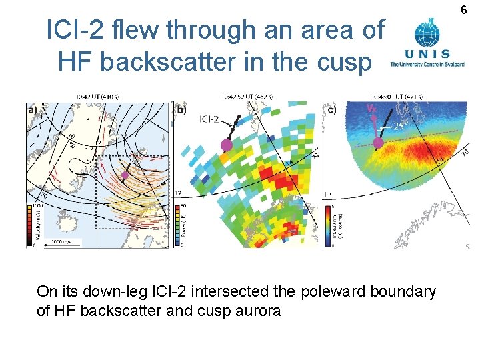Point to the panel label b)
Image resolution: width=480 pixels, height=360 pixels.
tap(181, 108)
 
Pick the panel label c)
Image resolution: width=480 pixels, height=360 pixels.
tap(331, 108)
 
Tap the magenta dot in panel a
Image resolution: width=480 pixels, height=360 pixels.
tap(125, 175)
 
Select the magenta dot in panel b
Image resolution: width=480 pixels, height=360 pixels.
tap(227, 145)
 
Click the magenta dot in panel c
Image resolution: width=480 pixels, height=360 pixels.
tap(378, 142)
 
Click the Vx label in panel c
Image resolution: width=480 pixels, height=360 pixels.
tap(371, 107)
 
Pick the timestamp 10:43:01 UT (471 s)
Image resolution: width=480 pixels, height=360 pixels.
tap(397, 97)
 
